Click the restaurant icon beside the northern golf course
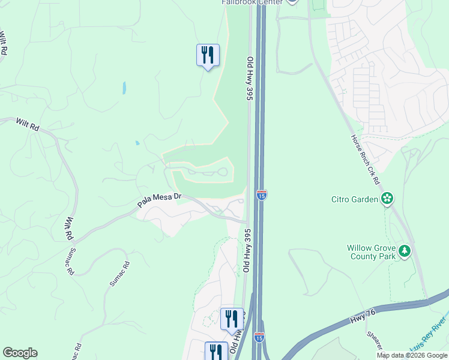coord(208,55)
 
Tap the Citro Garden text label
coord(355,199)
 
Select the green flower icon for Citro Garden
coord(387,199)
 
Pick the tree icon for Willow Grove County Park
coord(406,251)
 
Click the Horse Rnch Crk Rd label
coord(366,158)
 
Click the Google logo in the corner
coord(20,353)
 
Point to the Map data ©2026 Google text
coord(412,355)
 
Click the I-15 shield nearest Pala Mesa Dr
coord(261,194)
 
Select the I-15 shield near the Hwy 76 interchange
coord(259,338)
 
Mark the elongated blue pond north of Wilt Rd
coord(124,88)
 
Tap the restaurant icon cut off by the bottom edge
coord(216,351)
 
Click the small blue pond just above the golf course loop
coord(137,143)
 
